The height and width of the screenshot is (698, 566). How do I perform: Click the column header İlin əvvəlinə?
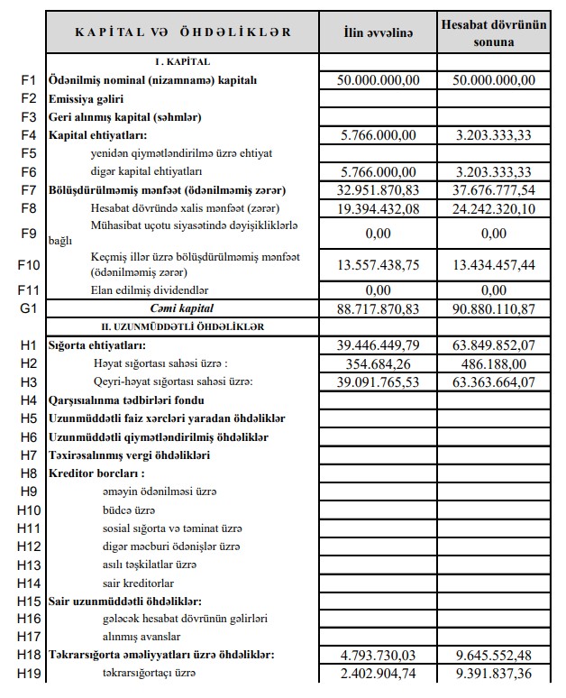[378, 32]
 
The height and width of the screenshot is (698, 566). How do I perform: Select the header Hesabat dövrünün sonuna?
[494, 32]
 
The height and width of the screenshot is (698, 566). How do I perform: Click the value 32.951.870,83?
[378, 190]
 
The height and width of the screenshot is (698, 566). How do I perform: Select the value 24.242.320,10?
[494, 209]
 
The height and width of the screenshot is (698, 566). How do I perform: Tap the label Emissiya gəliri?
[86, 98]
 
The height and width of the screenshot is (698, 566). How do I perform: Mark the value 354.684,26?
[378, 363]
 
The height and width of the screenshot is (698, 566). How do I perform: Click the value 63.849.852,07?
[494, 344]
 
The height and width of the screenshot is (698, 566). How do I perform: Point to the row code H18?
[28, 655]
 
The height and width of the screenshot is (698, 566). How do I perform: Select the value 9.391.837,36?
[494, 673]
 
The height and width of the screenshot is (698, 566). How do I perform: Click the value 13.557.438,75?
[378, 263]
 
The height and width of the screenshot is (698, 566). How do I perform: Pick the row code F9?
[28, 233]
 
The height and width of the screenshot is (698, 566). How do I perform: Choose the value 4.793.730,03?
[378, 655]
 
